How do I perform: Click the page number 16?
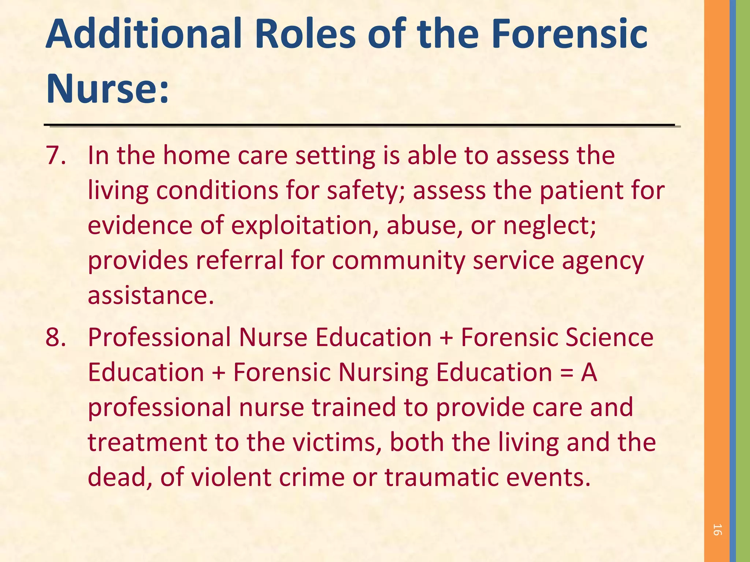pos(717,530)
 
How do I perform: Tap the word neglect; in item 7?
pos(550,225)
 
